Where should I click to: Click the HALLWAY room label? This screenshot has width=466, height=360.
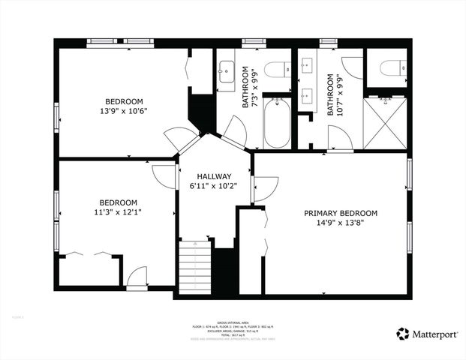[214, 176]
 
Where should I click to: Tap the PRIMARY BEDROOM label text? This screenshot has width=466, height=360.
[341, 213]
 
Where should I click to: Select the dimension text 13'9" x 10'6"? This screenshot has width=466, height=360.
[125, 111]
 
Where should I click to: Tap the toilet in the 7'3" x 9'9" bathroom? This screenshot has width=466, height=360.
[277, 69]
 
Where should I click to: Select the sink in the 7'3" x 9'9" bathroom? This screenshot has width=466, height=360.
[226, 73]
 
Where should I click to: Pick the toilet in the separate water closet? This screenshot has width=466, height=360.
[390, 68]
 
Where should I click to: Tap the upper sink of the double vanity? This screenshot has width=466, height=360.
[306, 67]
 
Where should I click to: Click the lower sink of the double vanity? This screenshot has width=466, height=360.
[306, 96]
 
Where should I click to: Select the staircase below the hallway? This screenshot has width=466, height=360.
[194, 266]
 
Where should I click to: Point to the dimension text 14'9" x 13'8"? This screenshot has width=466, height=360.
[341, 223]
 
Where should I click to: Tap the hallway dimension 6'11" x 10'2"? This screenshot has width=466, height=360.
[214, 186]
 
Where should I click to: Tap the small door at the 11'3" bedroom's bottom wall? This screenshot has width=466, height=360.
[137, 278]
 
